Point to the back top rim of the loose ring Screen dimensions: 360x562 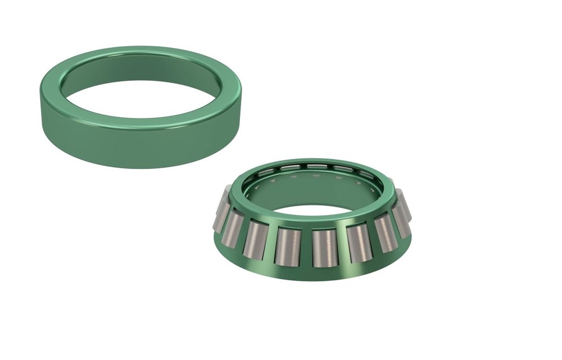pos(140,52)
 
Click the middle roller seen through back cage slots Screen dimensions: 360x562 pos(317,166)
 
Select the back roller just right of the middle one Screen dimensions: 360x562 pos(343,168)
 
